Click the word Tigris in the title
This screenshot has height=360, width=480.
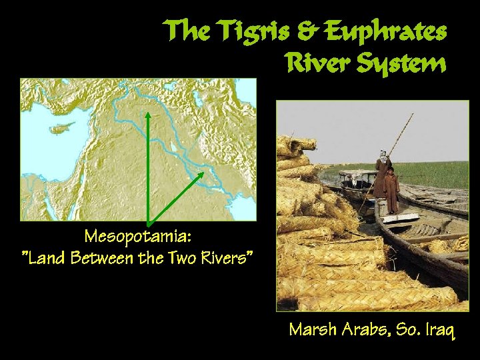253,31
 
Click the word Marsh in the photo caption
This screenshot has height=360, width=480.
313,329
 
